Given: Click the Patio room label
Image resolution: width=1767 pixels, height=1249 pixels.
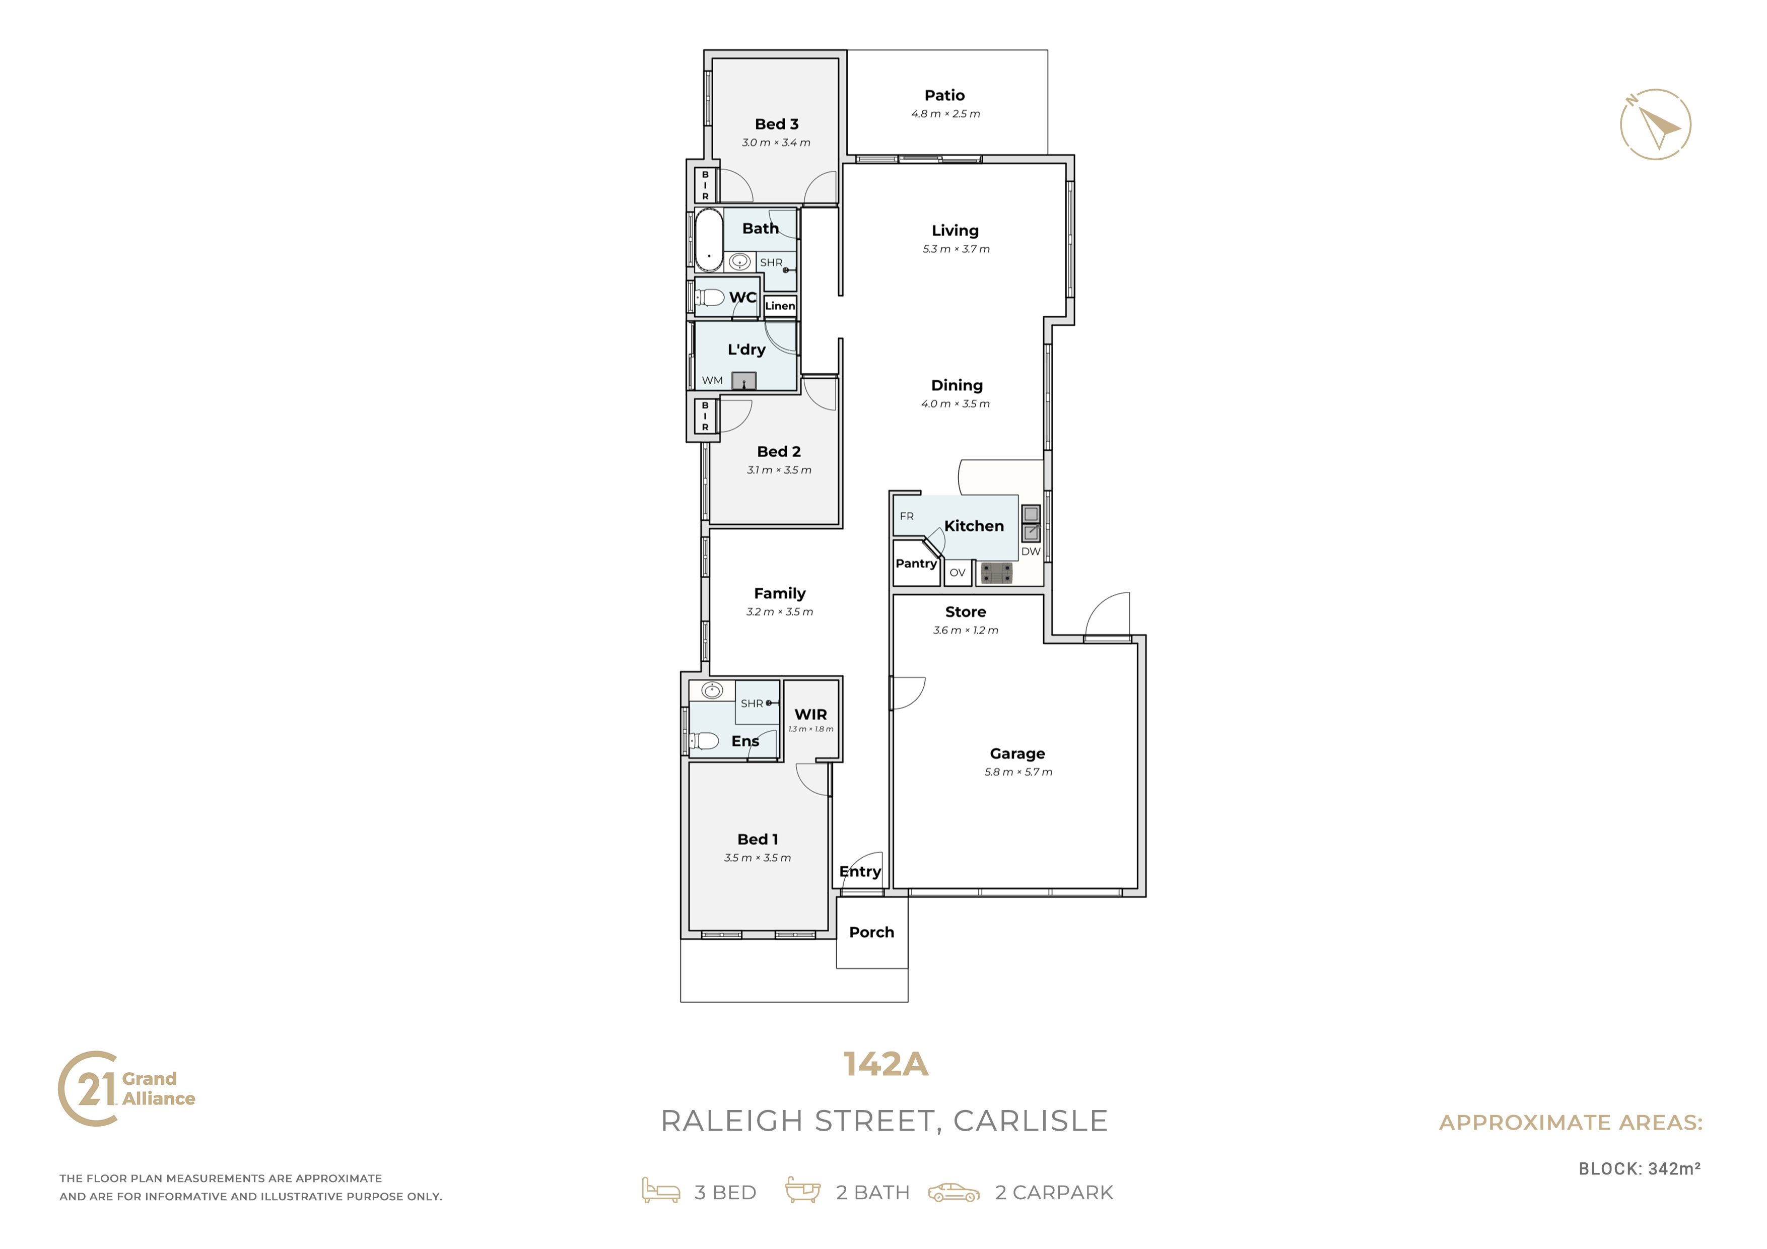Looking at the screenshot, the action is coord(944,95).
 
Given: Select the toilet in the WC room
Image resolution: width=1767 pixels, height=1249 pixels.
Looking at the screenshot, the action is coord(710,297).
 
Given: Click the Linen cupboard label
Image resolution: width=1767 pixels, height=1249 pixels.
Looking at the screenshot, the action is coord(780,306).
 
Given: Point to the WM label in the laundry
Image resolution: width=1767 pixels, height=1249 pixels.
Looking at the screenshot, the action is coord(712,380).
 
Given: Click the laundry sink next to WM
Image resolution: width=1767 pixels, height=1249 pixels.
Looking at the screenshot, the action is coord(743,380).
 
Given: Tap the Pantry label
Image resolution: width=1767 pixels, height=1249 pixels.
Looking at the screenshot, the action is coord(916,564).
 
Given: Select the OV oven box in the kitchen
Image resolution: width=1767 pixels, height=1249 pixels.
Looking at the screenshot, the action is coord(958,573).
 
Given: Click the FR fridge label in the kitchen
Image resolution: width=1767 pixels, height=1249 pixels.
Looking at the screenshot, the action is coord(907,516).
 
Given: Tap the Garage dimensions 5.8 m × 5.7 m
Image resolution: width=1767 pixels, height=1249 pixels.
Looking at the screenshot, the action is coord(1018,772).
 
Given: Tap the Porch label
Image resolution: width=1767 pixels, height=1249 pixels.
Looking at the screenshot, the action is coord(871,932).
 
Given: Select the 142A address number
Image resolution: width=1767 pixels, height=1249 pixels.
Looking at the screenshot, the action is coord(886,1064).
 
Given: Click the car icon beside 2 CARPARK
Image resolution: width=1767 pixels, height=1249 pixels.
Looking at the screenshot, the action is coord(954,1192).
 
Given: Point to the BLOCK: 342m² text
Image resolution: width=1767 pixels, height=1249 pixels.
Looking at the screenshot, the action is coord(1639,1168).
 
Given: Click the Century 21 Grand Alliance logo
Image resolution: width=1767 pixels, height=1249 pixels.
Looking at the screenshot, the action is coord(127,1088).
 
